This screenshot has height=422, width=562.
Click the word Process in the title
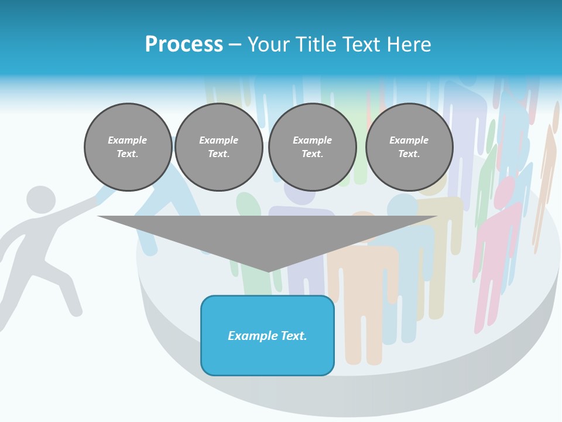tap(184, 45)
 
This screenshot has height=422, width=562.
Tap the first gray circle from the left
tap(128, 147)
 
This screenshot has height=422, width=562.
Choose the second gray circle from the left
tap(218, 147)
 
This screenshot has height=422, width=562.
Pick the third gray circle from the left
tap(312, 147)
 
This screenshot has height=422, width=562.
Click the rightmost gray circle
tap(409, 147)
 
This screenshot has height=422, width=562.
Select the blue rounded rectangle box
tap(267, 335)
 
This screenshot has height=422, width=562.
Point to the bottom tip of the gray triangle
tap(269, 271)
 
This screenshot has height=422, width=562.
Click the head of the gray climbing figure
tap(41, 199)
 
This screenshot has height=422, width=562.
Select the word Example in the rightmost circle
tap(409, 140)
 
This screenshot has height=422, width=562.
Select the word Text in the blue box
tap(294, 336)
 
